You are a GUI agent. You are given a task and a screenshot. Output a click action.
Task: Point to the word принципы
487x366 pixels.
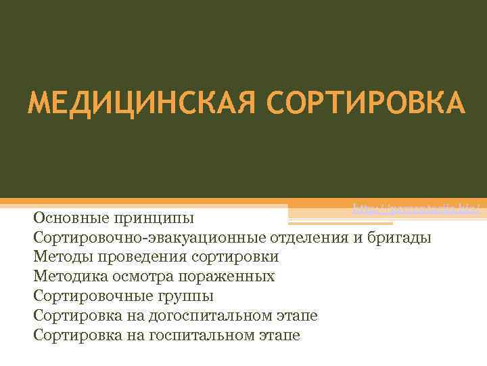pos(158,220)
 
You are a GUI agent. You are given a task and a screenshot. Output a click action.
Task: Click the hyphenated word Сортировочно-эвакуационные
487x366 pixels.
pos(149,238)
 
